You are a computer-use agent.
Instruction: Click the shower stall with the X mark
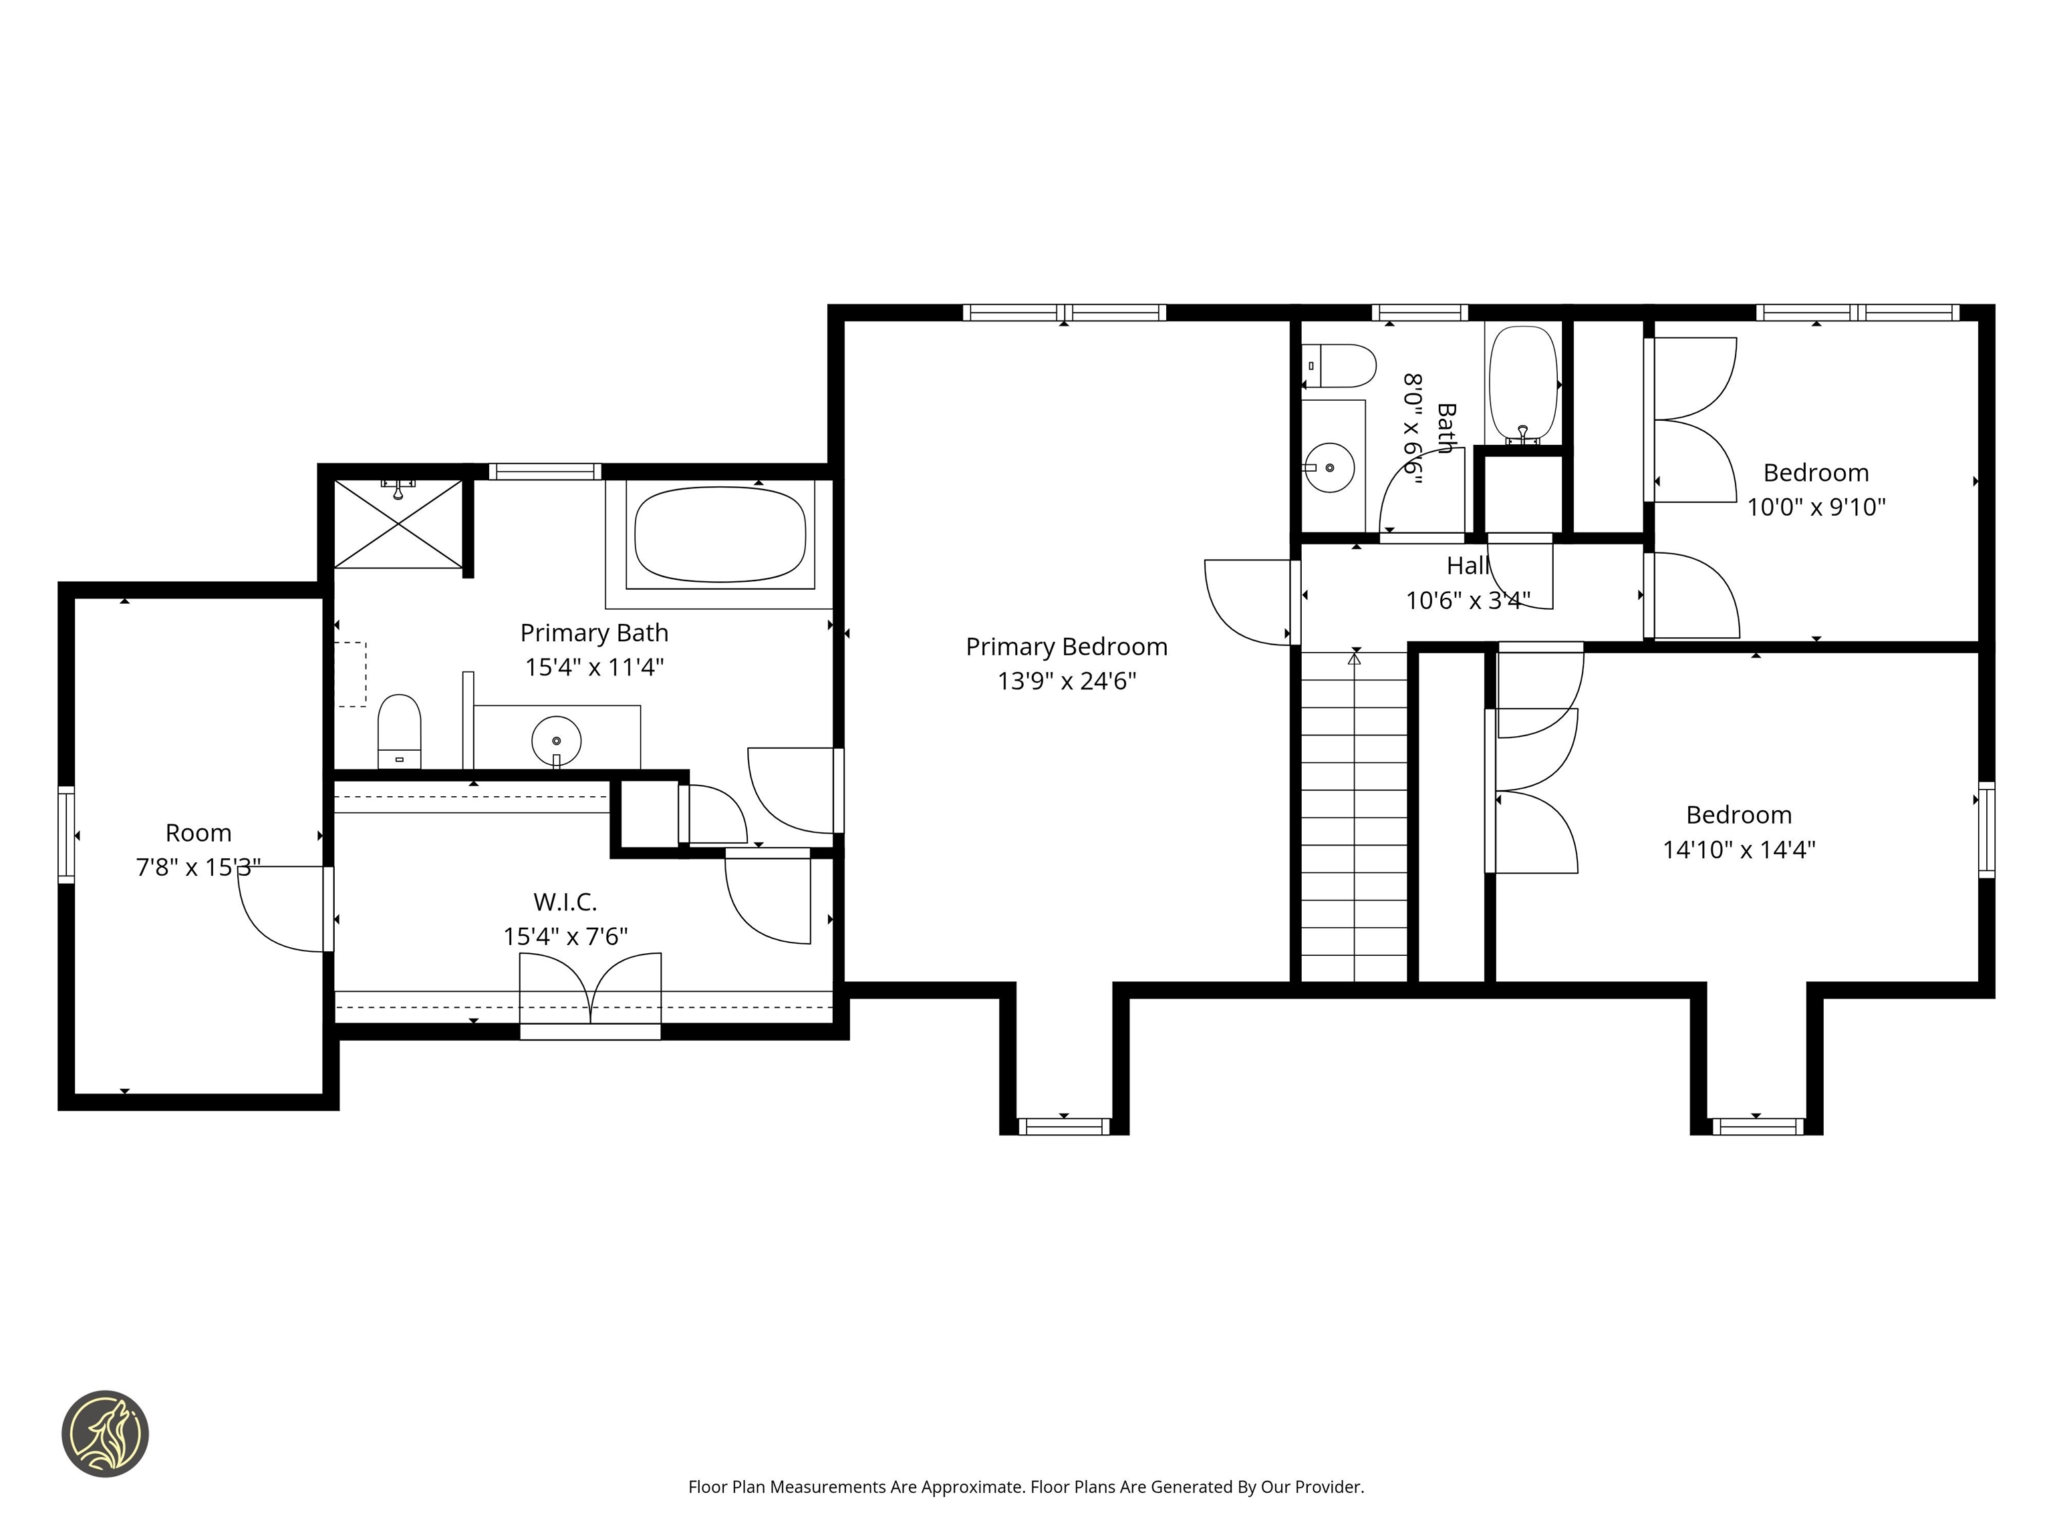pos(398,524)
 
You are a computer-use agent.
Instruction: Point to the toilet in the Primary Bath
pos(399,730)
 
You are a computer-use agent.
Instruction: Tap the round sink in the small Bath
pos(1329,468)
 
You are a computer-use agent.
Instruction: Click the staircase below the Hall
pos(1354,816)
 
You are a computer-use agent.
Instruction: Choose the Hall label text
pos(1468,566)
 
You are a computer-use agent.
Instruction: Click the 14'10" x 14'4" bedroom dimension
pos(1738,850)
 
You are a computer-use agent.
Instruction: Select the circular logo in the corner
pos(105,1433)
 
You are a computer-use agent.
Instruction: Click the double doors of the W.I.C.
pos(590,991)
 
